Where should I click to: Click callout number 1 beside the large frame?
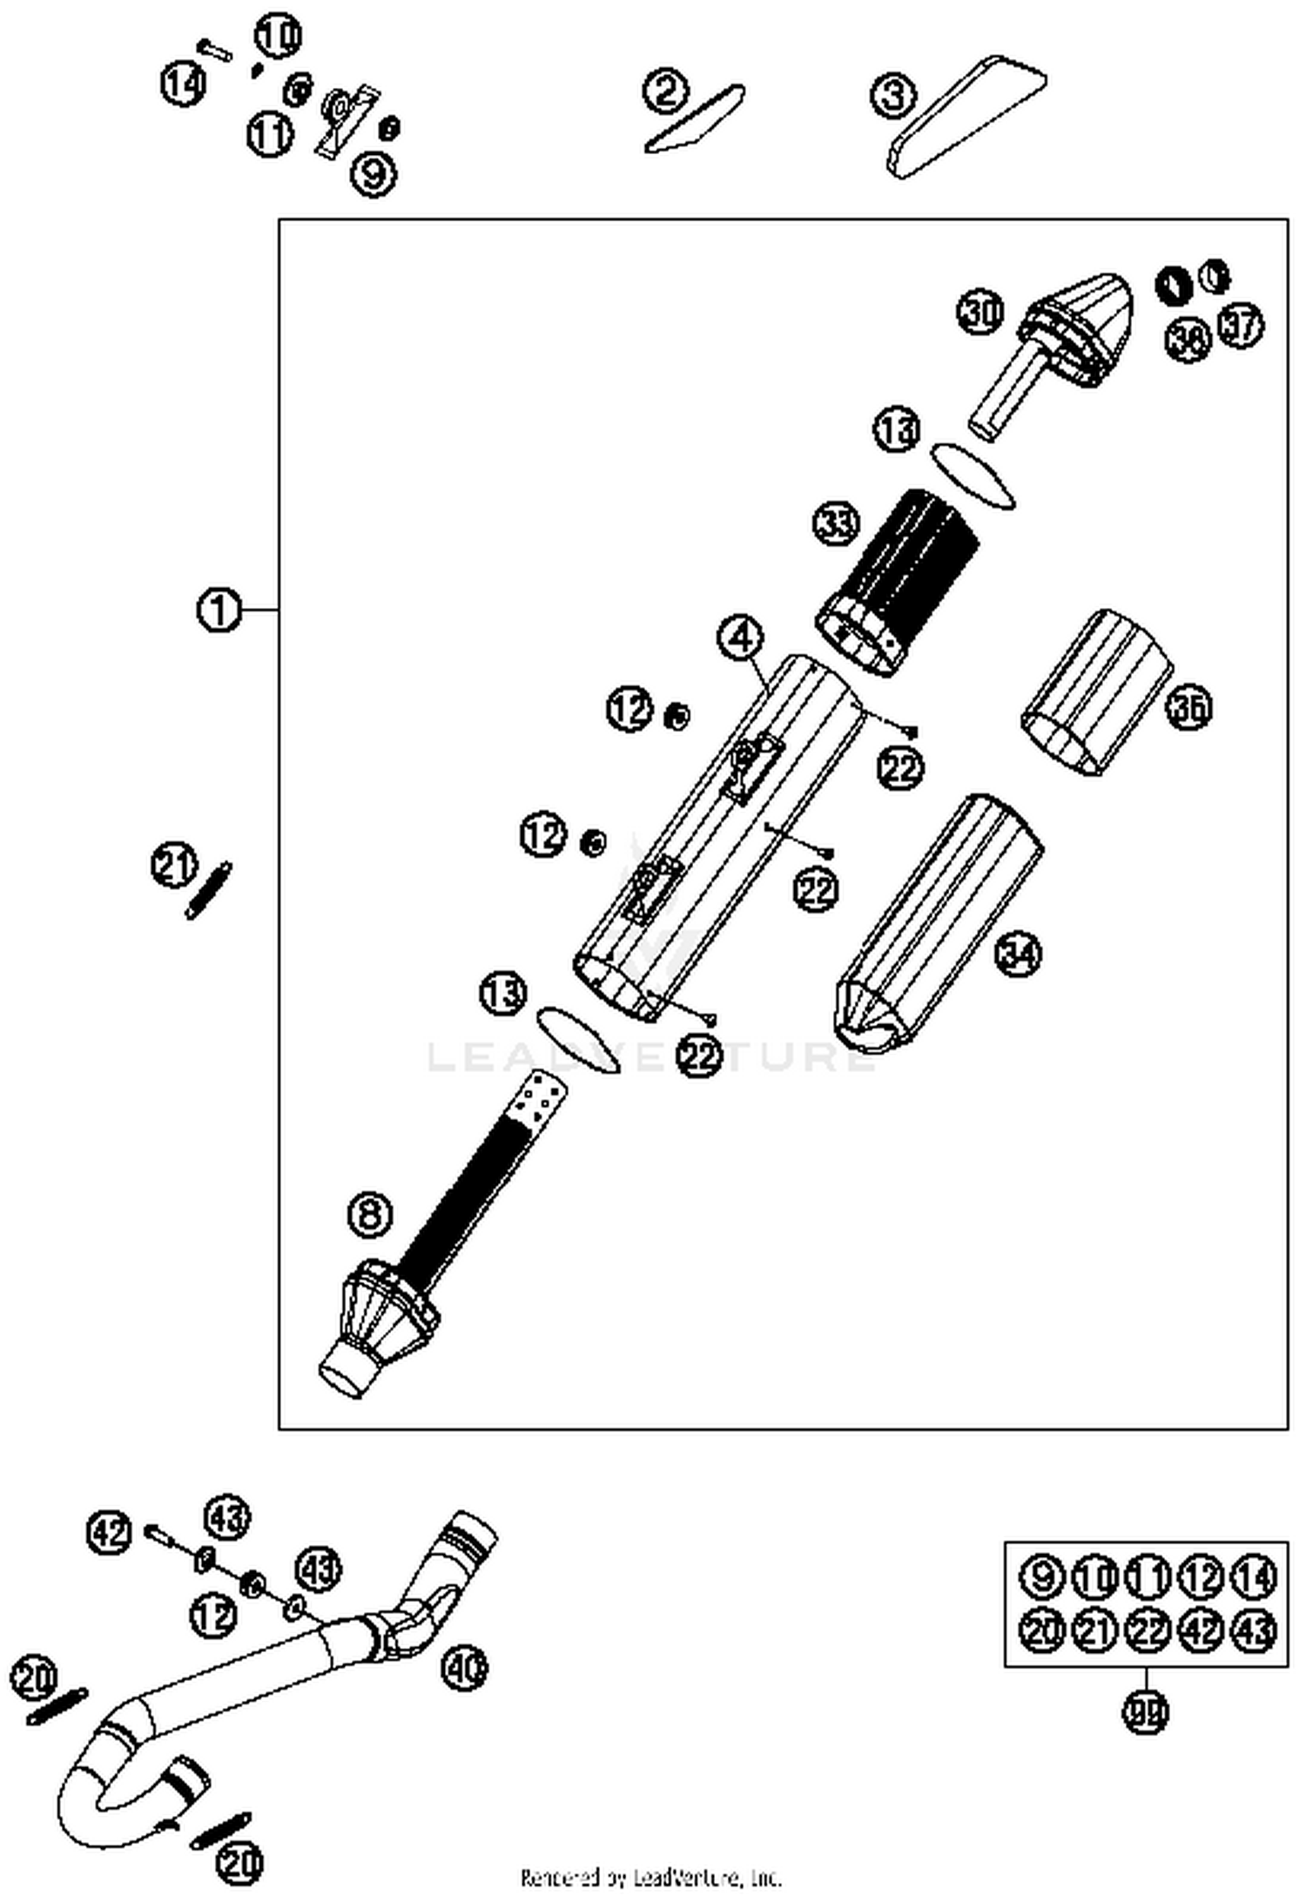pyautogui.click(x=218, y=611)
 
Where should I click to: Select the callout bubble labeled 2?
pyautogui.click(x=666, y=92)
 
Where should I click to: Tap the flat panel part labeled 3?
pyautogui.click(x=966, y=118)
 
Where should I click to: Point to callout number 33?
pyautogui.click(x=836, y=524)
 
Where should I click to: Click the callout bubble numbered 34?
pyautogui.click(x=1018, y=953)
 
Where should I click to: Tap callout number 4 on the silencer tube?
pyautogui.click(x=739, y=638)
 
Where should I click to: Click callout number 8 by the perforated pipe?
pyautogui.click(x=370, y=1214)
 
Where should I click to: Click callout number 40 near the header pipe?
pyautogui.click(x=464, y=1667)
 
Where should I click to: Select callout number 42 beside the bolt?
pyautogui.click(x=110, y=1533)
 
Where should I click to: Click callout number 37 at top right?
pyautogui.click(x=1240, y=326)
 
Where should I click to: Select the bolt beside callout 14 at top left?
pyautogui.click(x=214, y=48)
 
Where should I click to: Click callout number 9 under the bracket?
pyautogui.click(x=373, y=173)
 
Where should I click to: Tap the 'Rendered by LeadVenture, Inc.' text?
pyautogui.click(x=651, y=1877)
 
